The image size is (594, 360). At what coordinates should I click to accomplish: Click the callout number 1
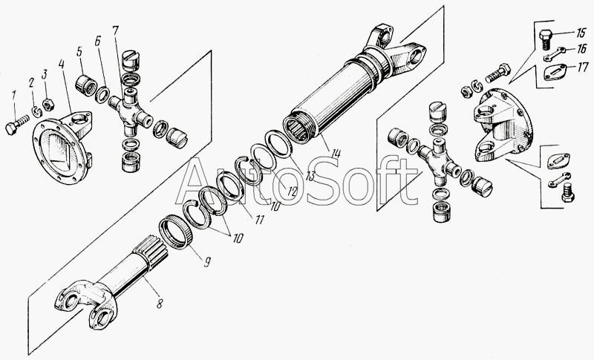[x=14, y=96]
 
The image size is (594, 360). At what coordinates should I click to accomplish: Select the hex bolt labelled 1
[x=17, y=125]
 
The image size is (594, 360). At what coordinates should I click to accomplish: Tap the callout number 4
[x=62, y=65]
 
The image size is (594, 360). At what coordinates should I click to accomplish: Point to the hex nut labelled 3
[x=48, y=105]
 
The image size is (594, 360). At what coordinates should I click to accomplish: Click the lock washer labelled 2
[x=36, y=111]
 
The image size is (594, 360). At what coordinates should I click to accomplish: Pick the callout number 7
[x=116, y=32]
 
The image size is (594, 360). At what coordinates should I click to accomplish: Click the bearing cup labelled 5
[x=87, y=85]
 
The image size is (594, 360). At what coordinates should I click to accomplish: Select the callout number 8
[x=160, y=303]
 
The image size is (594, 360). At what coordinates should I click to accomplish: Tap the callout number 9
[x=207, y=262]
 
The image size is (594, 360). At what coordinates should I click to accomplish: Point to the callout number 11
[x=259, y=219]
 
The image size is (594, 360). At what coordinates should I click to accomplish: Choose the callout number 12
[x=291, y=191]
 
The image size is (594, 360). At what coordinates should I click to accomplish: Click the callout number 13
[x=310, y=176]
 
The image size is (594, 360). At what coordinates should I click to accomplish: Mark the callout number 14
[x=336, y=154]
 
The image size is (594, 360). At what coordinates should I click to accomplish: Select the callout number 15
[x=580, y=33]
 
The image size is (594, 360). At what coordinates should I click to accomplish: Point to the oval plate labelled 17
[x=555, y=72]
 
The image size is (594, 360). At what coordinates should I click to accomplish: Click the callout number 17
[x=583, y=68]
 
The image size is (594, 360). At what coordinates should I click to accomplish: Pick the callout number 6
[x=98, y=42]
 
